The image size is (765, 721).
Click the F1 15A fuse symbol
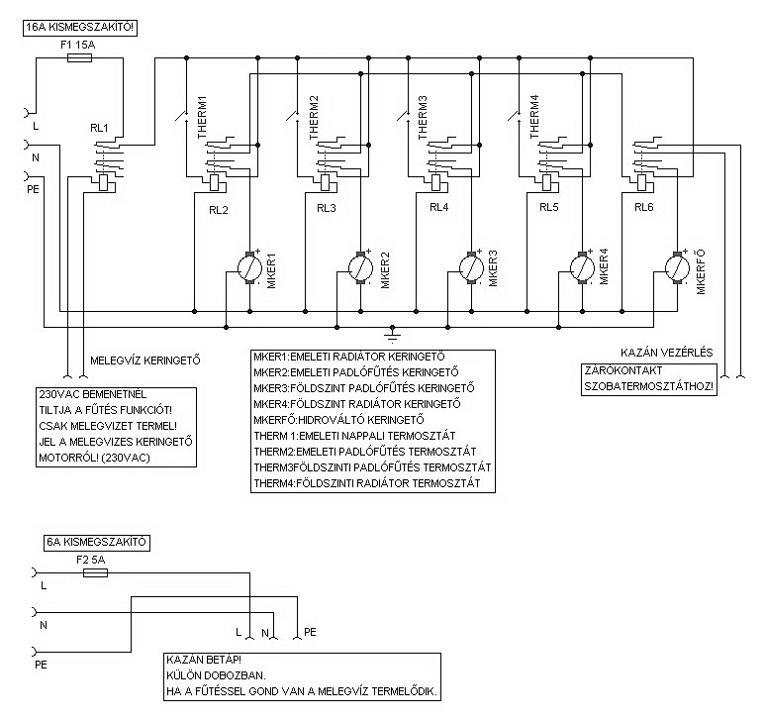(78, 58)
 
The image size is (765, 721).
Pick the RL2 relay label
(219, 209)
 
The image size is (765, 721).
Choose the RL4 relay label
(439, 209)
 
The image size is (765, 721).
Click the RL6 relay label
(644, 209)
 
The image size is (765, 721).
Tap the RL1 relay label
(99, 128)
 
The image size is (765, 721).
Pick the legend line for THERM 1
(367, 435)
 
